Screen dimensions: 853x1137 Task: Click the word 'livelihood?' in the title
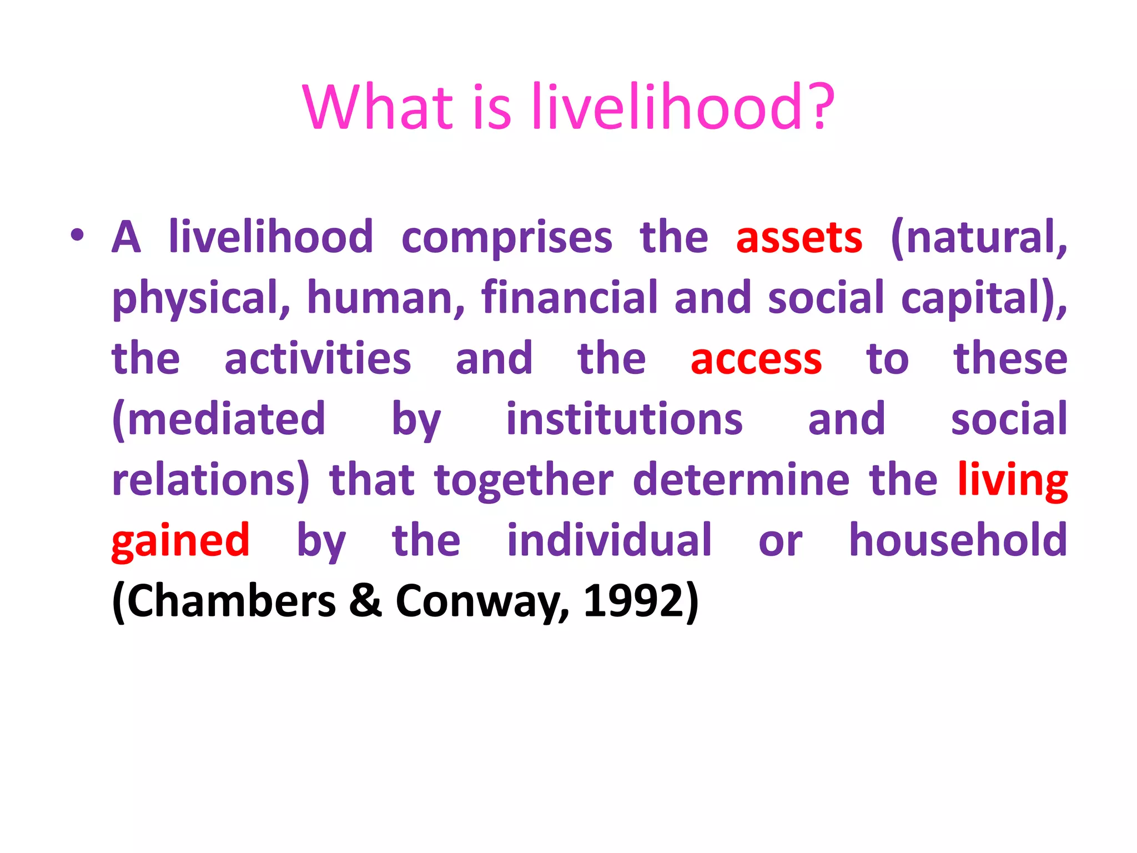coord(683,107)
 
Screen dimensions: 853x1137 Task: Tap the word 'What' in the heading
coord(378,107)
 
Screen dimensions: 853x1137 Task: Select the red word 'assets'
coord(799,238)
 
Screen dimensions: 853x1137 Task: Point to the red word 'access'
coord(756,359)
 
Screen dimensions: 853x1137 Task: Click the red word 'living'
coord(1012,480)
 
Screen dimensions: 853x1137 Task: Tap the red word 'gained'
coord(180,541)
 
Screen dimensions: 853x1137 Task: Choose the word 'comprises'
coord(506,238)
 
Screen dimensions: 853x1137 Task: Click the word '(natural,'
coord(978,238)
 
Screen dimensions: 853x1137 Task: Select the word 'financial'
coord(569,298)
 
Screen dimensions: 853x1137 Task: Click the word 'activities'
coord(318,359)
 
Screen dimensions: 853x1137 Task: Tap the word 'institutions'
coord(624,419)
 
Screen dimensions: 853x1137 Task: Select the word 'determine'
coord(741,480)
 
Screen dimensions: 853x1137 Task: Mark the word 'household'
coord(958,540)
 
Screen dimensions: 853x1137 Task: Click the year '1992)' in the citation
coord(641,601)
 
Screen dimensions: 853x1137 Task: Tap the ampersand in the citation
coord(365,601)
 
